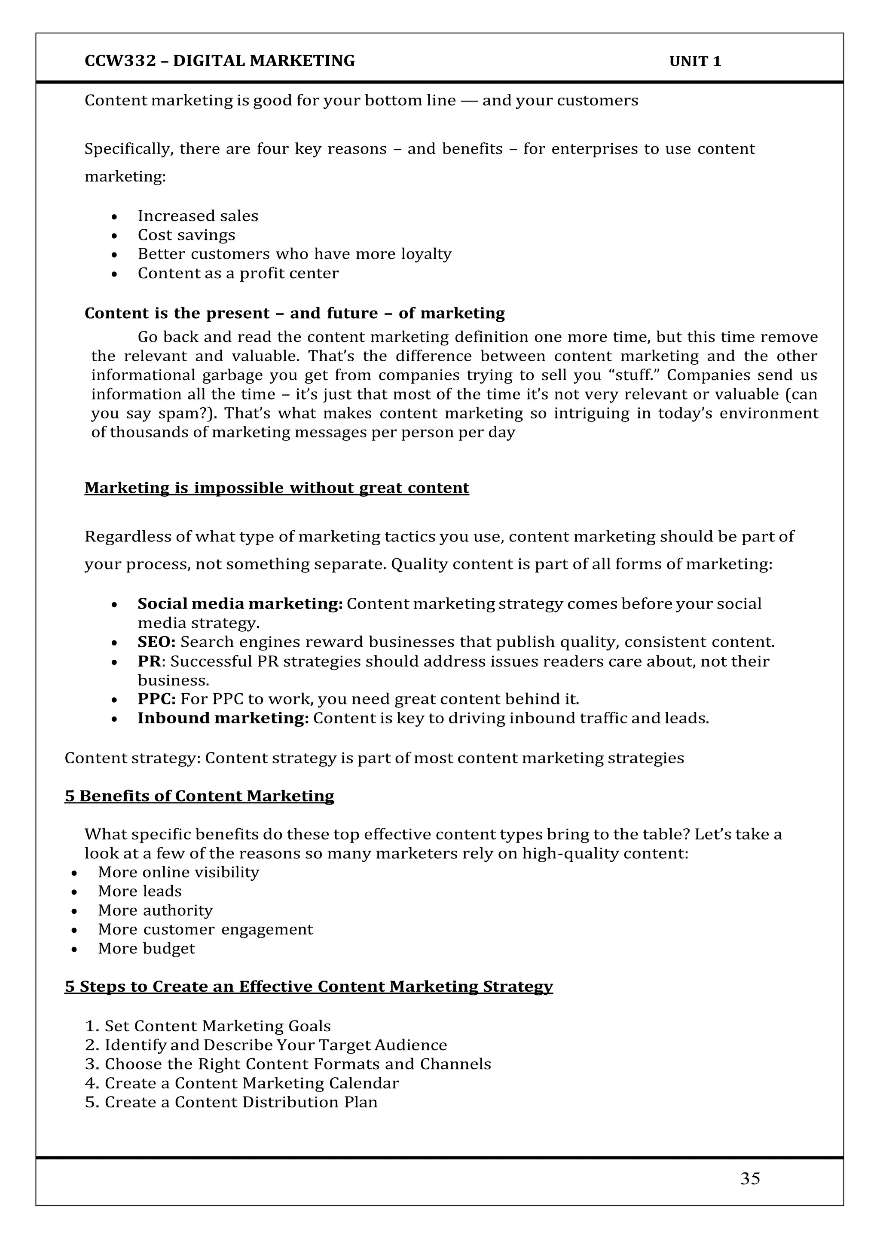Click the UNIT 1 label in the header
[695, 61]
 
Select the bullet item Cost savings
[186, 235]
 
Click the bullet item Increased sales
[198, 216]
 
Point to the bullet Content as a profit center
[238, 273]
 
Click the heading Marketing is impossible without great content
[276, 488]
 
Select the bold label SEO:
[156, 642]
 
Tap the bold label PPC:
[156, 699]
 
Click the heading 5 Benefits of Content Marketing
[199, 796]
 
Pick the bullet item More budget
[146, 948]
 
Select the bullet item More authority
[155, 910]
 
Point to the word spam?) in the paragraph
[187, 414]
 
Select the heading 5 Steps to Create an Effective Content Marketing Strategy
[309, 987]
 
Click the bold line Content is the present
[294, 314]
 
